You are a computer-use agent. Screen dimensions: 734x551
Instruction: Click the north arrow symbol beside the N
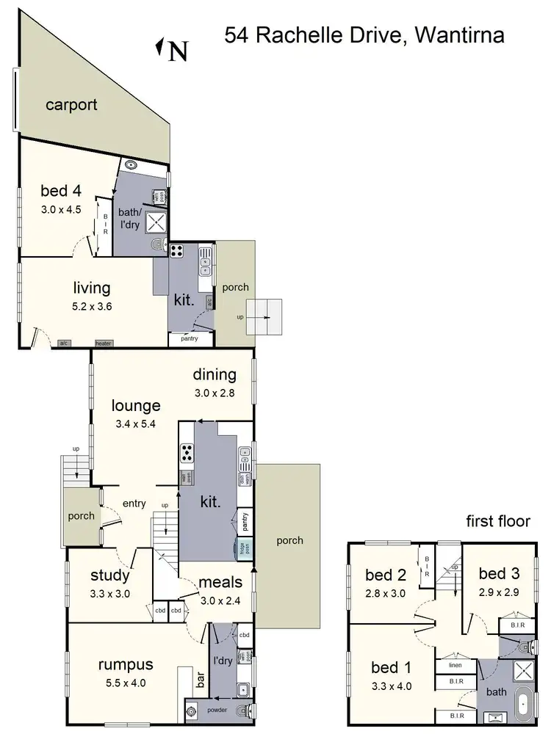pyautogui.click(x=159, y=48)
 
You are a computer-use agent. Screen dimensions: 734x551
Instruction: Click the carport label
pyautogui.click(x=71, y=105)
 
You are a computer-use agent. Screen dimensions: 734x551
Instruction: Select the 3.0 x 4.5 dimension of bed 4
pyautogui.click(x=62, y=209)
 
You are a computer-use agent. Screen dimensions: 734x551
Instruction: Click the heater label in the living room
pyautogui.click(x=104, y=343)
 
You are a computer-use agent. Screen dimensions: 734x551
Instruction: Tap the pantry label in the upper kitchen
pyautogui.click(x=190, y=339)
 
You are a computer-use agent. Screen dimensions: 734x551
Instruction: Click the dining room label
pyautogui.click(x=215, y=374)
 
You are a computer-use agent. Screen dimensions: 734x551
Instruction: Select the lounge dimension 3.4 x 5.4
pyautogui.click(x=136, y=423)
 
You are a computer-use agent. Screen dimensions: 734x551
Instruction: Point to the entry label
pyautogui.click(x=134, y=504)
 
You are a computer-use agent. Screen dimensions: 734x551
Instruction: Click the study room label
pyautogui.click(x=110, y=575)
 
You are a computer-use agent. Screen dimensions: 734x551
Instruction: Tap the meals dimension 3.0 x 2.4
pyautogui.click(x=220, y=599)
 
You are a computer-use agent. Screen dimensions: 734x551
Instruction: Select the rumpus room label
pyautogui.click(x=126, y=664)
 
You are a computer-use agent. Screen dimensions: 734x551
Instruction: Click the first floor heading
pyautogui.click(x=498, y=521)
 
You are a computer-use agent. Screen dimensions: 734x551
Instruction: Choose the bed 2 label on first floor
pyautogui.click(x=386, y=575)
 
